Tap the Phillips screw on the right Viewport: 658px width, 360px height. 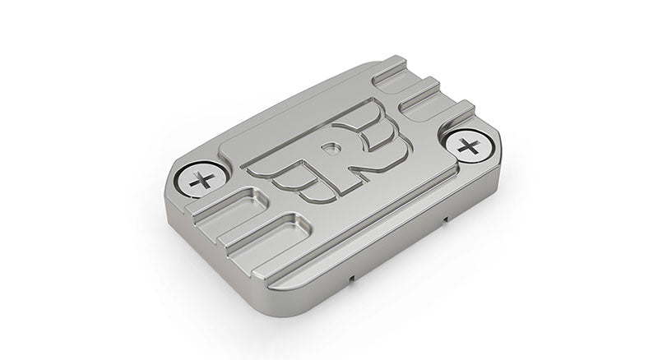pyautogui.click(x=470, y=148)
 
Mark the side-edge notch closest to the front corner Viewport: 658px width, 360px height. pyautogui.click(x=352, y=279)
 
